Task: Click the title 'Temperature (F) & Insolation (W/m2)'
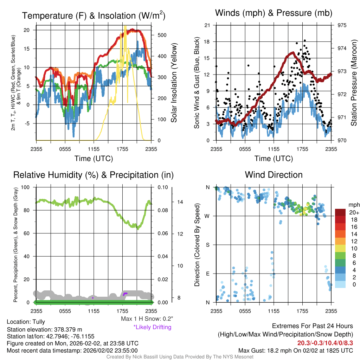coord(94,15)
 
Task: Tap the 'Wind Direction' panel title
coord(274,175)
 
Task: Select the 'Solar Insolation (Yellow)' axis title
coord(174,83)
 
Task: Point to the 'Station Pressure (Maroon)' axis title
coord(354,83)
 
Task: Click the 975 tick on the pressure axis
coord(342,25)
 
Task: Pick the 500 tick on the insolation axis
coord(162,35)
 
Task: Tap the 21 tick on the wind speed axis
coord(207,25)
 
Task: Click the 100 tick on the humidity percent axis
coord(25,187)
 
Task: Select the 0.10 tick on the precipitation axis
coord(162,187)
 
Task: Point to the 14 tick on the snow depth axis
coord(180,202)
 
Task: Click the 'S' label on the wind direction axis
coord(207,245)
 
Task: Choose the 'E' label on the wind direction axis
coord(208,274)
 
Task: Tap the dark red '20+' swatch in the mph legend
coord(340,212)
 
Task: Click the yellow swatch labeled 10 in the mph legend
coord(340,249)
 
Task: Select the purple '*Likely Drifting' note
coord(153,327)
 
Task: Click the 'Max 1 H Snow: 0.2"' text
coord(147,319)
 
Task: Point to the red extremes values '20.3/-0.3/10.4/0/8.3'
coord(325,343)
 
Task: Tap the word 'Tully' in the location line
coord(39,322)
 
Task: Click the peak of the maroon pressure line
coord(293,53)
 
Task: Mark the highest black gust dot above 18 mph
coord(305,40)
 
